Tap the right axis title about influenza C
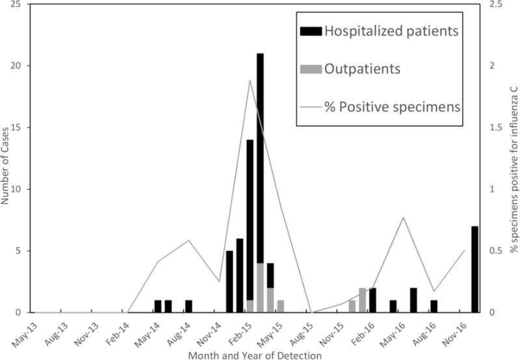(513, 159)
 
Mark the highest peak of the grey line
(250, 80)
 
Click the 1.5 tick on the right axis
(498, 127)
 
